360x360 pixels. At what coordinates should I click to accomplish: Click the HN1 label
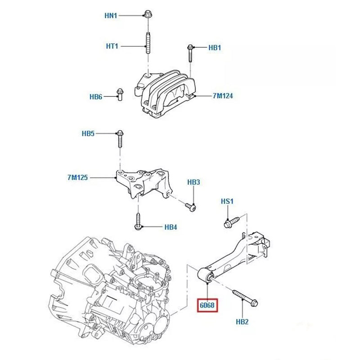click(111, 16)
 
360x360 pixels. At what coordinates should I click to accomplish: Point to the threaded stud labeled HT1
click(148, 44)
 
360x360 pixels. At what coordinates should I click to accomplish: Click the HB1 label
click(214, 47)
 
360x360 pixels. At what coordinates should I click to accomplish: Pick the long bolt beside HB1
click(190, 54)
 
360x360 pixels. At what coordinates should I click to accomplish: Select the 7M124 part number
click(223, 96)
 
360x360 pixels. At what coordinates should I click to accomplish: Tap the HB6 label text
click(96, 97)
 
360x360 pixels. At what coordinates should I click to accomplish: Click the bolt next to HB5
click(120, 139)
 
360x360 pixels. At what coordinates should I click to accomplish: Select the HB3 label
click(193, 182)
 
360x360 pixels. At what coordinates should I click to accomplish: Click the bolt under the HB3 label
click(191, 207)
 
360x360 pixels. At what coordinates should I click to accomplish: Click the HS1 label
click(227, 201)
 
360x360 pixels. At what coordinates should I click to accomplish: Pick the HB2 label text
click(242, 322)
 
